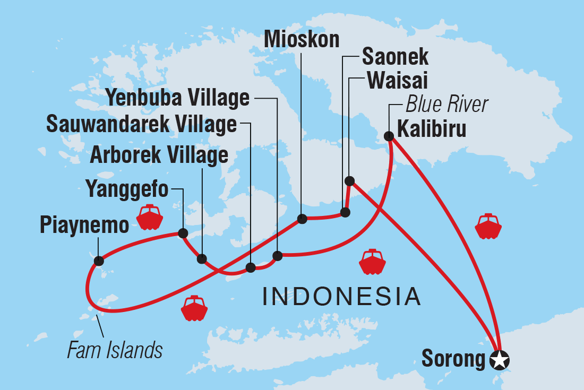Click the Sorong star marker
[499, 360]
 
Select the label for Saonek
[395, 57]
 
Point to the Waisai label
[397, 81]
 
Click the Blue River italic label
[446, 105]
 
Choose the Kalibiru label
[431, 129]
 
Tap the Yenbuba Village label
[178, 98]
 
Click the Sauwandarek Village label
[141, 124]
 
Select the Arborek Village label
[159, 155]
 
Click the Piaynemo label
[84, 226]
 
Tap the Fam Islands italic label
[115, 350]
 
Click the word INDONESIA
[342, 297]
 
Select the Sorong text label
[453, 359]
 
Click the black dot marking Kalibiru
[389, 136]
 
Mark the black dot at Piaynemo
[98, 261]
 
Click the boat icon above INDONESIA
[372, 262]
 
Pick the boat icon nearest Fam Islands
[194, 309]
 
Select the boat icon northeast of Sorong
[488, 227]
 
